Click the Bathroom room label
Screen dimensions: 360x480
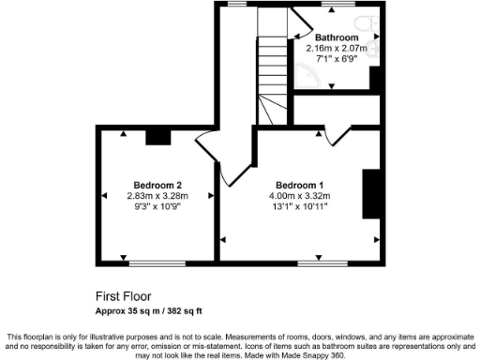tap(336, 37)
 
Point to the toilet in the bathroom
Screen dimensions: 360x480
tap(369, 23)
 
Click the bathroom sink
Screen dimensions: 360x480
tap(375, 48)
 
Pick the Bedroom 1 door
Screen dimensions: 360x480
tap(337, 136)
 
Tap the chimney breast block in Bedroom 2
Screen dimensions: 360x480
tap(158, 137)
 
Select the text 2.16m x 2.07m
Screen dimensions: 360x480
tap(336, 48)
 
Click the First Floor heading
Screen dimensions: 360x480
tap(124, 295)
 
